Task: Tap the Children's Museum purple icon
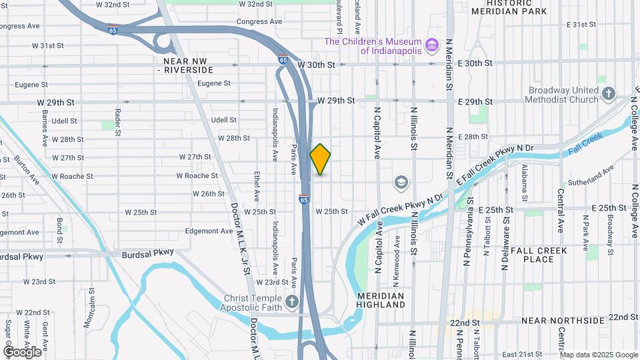click(x=433, y=45)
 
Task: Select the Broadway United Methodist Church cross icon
click(x=608, y=95)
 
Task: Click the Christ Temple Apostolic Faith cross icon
click(x=291, y=303)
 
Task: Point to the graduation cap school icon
click(x=401, y=182)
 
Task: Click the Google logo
click(x=22, y=351)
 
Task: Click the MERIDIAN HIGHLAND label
click(x=381, y=300)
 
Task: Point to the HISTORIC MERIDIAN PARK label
click(x=518, y=7)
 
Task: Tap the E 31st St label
click(x=581, y=25)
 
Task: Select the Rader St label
click(x=118, y=121)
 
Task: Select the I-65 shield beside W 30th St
click(x=283, y=60)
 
